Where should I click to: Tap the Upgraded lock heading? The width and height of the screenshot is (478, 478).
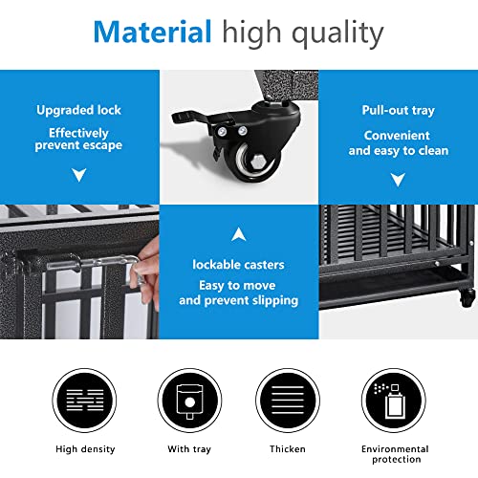coord(78,110)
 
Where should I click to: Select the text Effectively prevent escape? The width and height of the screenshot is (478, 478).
coord(78,140)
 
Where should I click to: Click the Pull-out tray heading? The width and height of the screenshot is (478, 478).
coord(399,110)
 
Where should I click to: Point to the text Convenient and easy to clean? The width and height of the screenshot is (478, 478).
coord(399,143)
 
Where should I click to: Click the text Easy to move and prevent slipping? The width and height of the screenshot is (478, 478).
coord(239,293)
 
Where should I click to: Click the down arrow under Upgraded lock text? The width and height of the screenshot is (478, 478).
coord(78,175)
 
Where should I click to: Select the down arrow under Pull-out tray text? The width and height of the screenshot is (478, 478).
coord(399,180)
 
